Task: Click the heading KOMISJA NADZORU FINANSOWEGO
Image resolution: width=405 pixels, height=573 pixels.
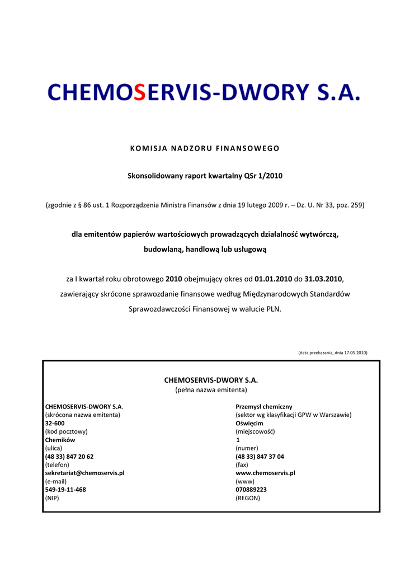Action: coord(205,148)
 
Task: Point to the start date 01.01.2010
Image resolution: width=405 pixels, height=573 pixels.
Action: coord(274,278)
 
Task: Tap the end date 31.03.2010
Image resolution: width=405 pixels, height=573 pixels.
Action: coord(323,278)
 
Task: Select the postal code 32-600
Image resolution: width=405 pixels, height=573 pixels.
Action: coord(54,423)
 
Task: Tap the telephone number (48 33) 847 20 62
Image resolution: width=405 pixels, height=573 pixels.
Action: coord(69,456)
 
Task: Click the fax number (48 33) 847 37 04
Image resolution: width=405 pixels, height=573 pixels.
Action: coord(260,456)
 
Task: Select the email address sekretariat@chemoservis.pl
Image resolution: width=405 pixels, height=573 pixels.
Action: coord(84,473)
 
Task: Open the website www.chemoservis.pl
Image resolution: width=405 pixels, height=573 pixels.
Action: coord(266,473)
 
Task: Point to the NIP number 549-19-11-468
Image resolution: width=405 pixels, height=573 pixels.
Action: coord(65,489)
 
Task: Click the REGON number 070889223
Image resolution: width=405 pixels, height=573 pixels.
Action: coord(251,489)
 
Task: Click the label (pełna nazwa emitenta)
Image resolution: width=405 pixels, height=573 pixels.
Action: coord(211,389)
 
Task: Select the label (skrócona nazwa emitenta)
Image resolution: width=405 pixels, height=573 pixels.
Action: coord(83,415)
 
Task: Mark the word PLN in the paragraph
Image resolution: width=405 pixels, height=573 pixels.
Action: coord(274,308)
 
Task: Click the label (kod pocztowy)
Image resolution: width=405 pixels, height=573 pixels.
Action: coord(66,431)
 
